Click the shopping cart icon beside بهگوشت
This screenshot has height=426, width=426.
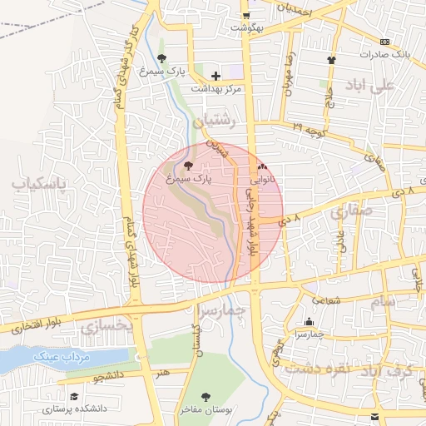[x=246, y=16]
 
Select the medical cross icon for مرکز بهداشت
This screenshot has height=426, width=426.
[x=216, y=76]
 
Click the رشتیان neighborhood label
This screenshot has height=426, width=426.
[x=216, y=121]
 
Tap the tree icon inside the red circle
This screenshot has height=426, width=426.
[x=187, y=166]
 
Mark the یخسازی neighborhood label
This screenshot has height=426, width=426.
[x=107, y=327]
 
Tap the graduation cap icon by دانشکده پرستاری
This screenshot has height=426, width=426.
[x=74, y=396]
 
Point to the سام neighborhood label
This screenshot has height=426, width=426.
[x=384, y=301]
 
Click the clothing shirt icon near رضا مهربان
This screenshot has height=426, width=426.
[x=332, y=60]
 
